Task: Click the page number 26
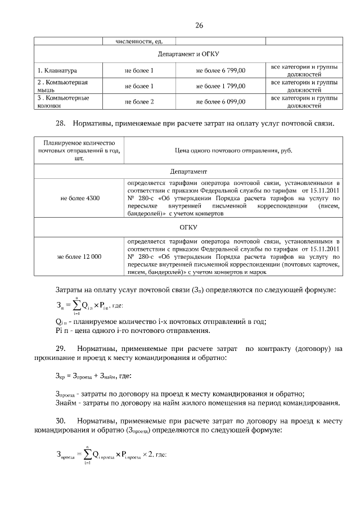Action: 199,25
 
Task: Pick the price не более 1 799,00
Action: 220,86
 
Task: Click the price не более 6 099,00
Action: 220,102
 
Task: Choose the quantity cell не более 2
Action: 139,102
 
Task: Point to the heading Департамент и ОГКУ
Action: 187,55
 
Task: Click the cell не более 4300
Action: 79,198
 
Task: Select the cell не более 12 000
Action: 79,256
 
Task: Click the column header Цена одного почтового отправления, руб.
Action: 233,151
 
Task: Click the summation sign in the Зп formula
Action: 75,306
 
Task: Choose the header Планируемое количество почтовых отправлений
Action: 79,151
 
